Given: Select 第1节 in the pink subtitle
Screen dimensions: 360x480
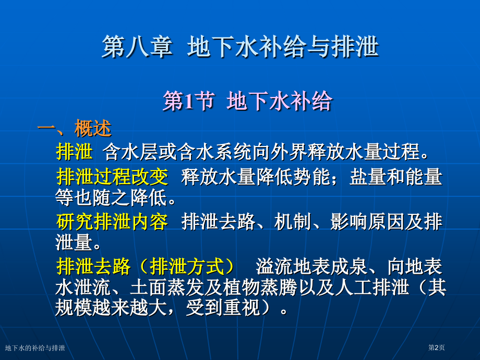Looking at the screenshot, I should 188,101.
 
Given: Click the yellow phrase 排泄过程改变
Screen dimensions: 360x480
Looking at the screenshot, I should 112,177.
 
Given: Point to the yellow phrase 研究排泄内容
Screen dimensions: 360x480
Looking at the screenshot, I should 112,222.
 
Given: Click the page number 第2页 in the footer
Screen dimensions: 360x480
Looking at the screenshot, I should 437,348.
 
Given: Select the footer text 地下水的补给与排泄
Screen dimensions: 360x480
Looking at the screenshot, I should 35,348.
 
